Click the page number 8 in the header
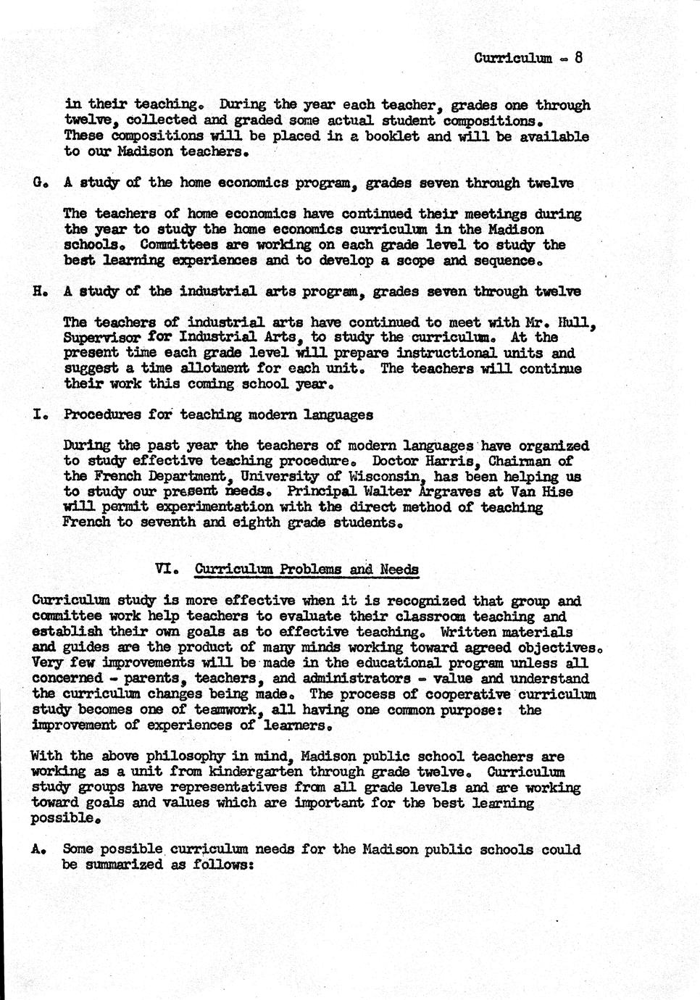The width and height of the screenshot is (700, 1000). tap(579, 57)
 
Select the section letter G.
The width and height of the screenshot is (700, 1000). tap(37, 183)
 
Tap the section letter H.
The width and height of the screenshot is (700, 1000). tap(37, 291)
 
